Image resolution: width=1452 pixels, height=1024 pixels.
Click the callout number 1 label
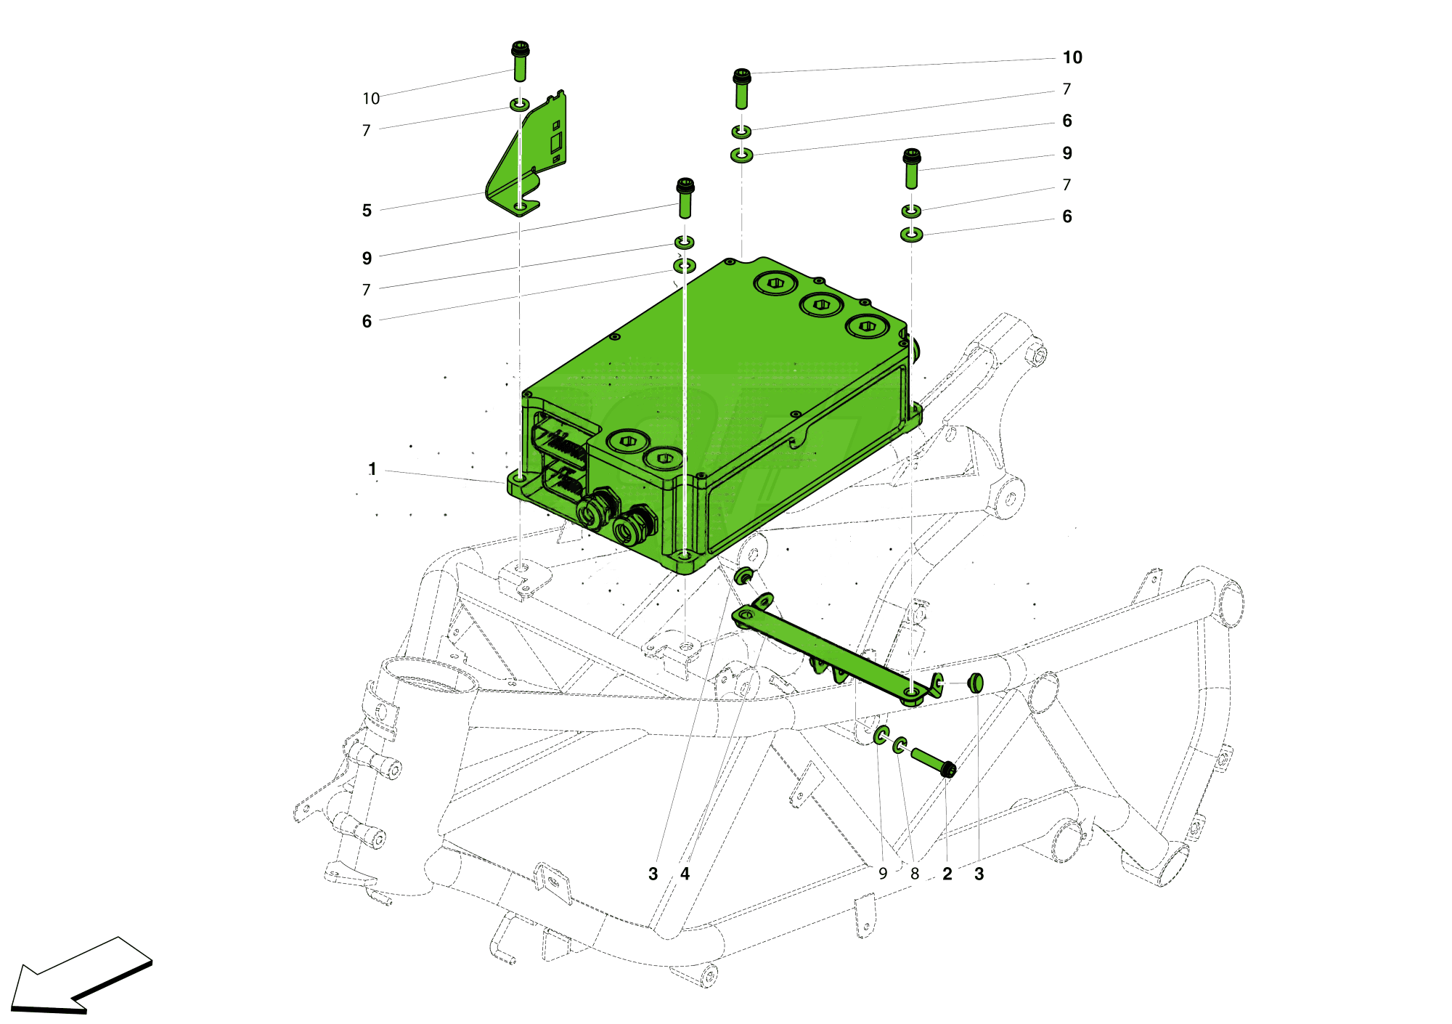(x=372, y=469)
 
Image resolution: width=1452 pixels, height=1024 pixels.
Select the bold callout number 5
(x=367, y=211)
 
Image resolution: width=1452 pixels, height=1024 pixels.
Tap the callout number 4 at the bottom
(x=685, y=874)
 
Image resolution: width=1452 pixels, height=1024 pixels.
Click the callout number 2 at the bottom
(x=947, y=874)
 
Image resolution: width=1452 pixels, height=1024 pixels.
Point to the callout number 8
(x=915, y=874)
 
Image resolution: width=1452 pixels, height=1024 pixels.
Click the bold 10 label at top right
(x=1072, y=57)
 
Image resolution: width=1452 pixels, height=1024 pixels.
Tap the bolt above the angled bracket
(x=520, y=62)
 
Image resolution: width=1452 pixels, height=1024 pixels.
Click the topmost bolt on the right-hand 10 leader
(x=741, y=89)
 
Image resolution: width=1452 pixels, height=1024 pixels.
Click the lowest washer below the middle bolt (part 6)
(x=685, y=266)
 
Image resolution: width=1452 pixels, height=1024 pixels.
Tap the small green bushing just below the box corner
(x=743, y=577)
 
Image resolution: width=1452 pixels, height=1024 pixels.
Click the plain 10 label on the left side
(x=371, y=99)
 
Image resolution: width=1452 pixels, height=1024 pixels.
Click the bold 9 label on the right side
(x=1066, y=153)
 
